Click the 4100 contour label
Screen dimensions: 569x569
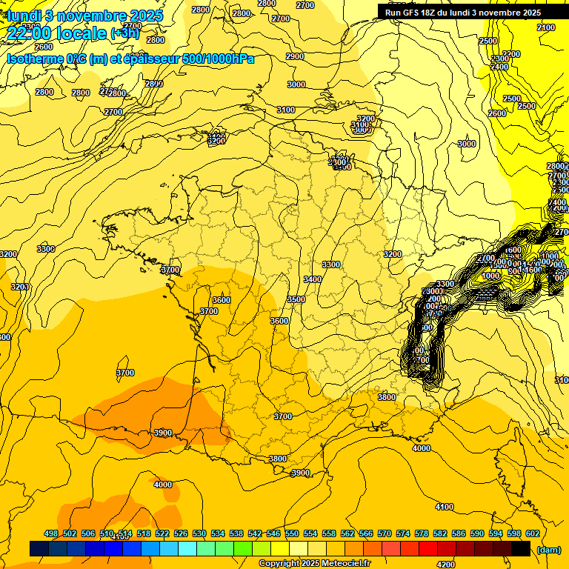pyautogui.click(x=445, y=507)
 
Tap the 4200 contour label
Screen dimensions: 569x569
pyautogui.click(x=446, y=565)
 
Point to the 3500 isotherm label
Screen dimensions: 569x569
pyautogui.click(x=296, y=299)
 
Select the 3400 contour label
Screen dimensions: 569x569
pyautogui.click(x=313, y=279)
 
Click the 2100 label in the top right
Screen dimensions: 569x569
pyautogui.click(x=545, y=27)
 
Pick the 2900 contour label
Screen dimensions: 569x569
pyautogui.click(x=295, y=56)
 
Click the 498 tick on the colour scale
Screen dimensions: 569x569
pyautogui.click(x=51, y=533)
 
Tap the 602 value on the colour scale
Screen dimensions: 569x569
pyautogui.click(x=532, y=533)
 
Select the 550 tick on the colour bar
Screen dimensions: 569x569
pyautogui.click(x=292, y=533)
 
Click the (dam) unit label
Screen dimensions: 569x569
pyautogui.click(x=548, y=549)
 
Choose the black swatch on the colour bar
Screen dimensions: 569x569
pyautogui.click(x=521, y=549)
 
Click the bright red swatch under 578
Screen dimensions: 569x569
pyautogui.click(x=427, y=549)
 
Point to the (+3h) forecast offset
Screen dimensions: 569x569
pyautogui.click(x=124, y=33)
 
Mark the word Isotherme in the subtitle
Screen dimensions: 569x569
pyautogui.click(x=34, y=59)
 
